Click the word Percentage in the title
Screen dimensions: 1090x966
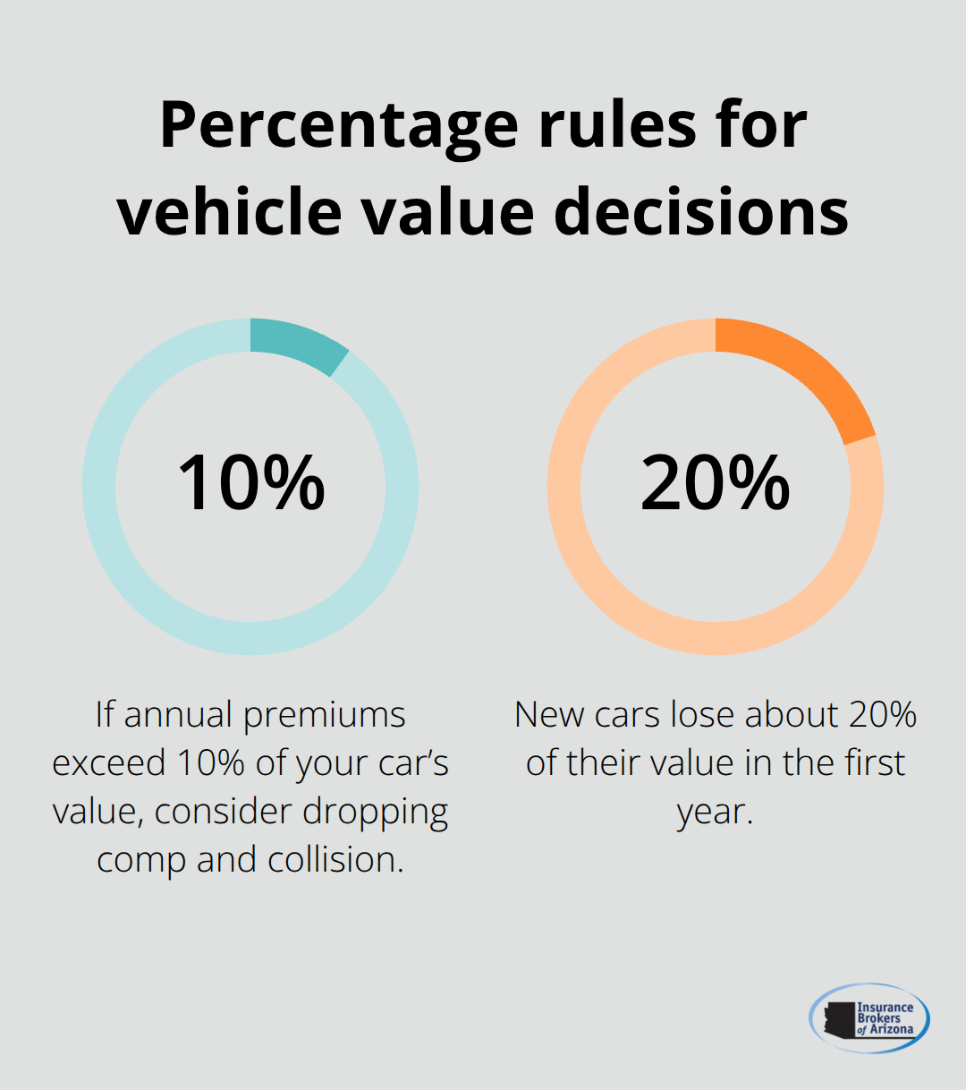click(338, 125)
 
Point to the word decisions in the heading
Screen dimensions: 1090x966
click(700, 212)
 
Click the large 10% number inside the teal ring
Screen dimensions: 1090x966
click(251, 483)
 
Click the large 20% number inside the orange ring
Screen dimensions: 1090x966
click(716, 483)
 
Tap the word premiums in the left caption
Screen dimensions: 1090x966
click(324, 716)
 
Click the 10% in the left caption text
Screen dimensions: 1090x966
click(210, 763)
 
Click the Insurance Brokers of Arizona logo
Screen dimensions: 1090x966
click(869, 1018)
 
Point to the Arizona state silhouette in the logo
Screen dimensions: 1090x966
click(839, 1019)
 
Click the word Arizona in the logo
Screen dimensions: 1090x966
click(892, 1030)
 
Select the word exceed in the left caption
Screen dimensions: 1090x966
click(109, 763)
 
